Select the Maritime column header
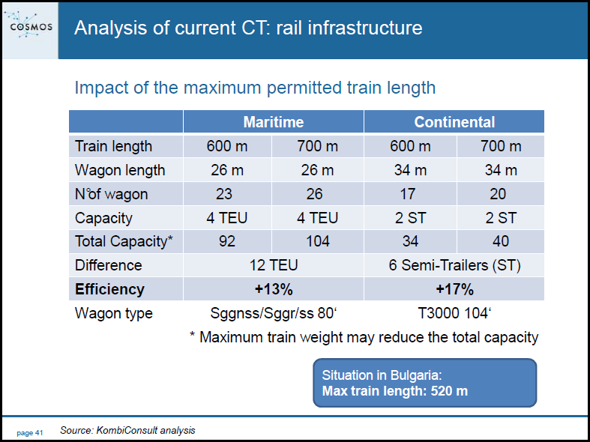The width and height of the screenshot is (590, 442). pos(274,122)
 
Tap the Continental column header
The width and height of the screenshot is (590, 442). pos(454,122)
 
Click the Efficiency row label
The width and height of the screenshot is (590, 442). pos(109,289)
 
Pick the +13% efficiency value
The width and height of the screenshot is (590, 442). pos(274,289)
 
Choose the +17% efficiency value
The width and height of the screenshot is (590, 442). pos(454,289)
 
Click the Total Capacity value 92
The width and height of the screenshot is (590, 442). pos(227,241)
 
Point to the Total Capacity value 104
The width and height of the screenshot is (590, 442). pos(318,241)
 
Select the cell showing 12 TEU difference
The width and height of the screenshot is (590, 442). pos(274,265)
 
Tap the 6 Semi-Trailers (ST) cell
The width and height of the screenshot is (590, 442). pos(454,265)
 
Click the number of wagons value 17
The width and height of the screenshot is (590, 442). pos(407,194)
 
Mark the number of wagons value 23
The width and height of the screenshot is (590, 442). pos(224,194)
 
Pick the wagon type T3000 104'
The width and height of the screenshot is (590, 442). pos(454,313)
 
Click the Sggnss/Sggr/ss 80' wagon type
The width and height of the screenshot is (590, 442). pos(273,313)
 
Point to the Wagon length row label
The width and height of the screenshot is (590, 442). pos(120,170)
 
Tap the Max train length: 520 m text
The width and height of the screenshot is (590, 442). pos(395,391)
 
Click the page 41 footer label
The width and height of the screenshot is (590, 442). pos(30,433)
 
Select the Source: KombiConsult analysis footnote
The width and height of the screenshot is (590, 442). pos(127,430)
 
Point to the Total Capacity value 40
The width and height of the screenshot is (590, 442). pos(501,241)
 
